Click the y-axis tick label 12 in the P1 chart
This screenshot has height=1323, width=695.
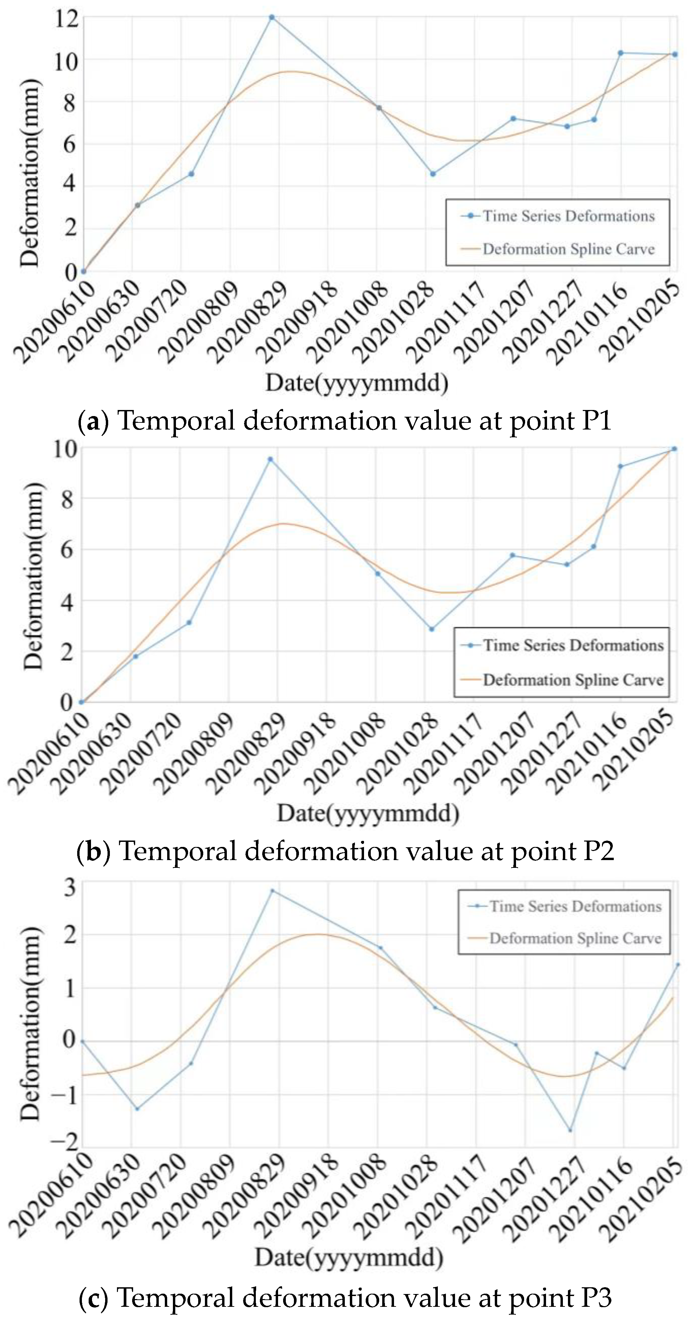pos(66,19)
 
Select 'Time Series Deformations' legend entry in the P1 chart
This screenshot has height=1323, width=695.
pos(568,216)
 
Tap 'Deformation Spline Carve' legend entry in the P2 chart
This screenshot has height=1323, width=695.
pos(573,680)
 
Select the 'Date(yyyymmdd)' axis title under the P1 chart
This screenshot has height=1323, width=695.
pos(357,383)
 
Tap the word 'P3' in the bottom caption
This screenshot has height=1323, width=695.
pos(597,1297)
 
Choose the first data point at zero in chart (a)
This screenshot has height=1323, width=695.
pos(84,271)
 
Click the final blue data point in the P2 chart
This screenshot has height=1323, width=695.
pos(674,449)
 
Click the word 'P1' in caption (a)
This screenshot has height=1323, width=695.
pos(597,421)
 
